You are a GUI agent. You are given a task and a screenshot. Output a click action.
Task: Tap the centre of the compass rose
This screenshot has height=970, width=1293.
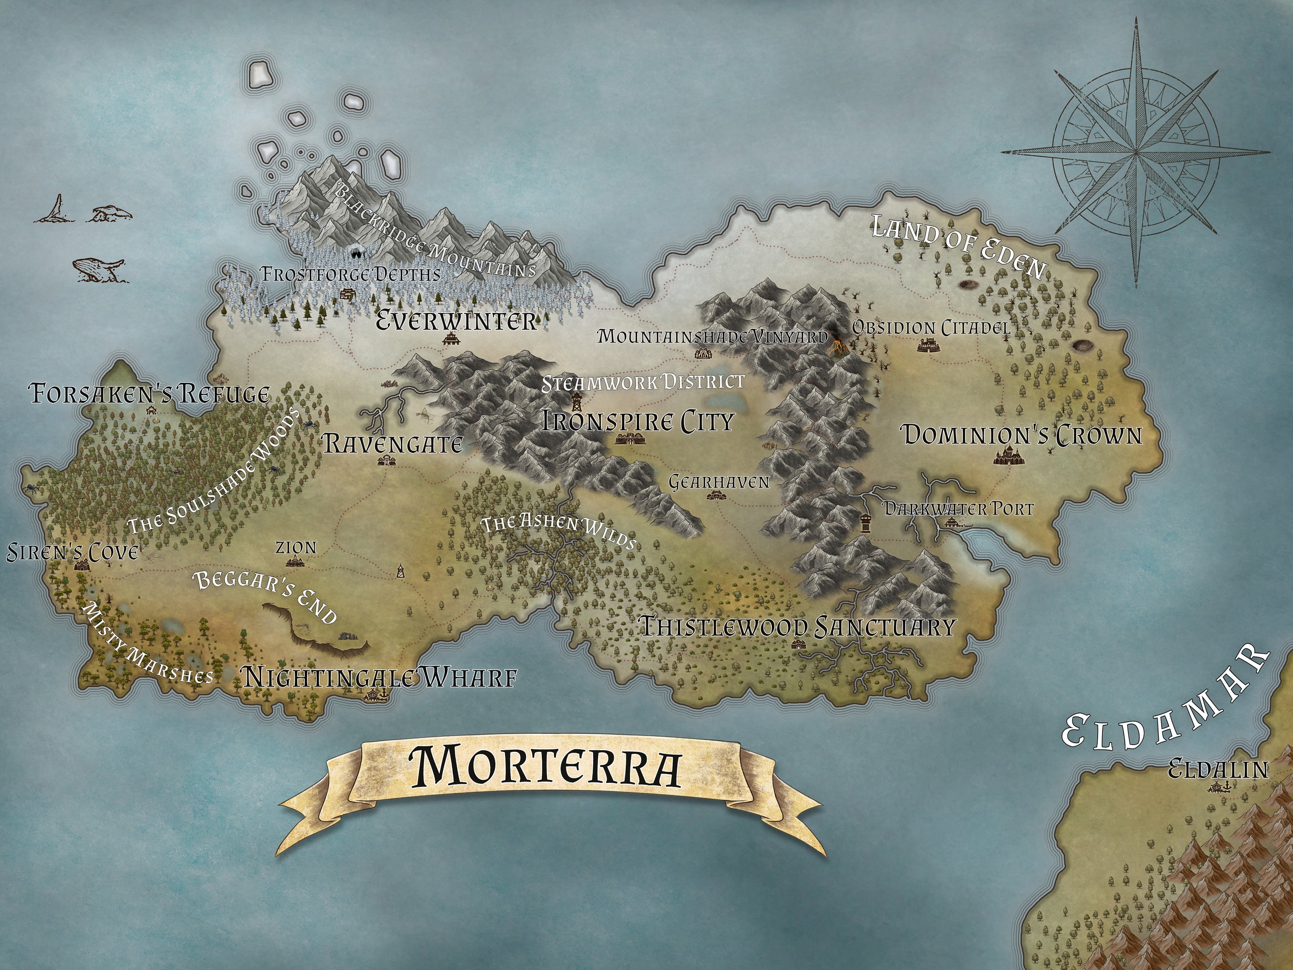[1135, 153]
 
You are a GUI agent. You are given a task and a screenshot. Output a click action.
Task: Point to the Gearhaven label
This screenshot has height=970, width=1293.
[719, 482]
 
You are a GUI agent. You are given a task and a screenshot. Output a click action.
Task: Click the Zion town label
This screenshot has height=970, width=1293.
[297, 548]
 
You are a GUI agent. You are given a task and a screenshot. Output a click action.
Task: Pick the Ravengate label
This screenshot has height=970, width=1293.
[393, 444]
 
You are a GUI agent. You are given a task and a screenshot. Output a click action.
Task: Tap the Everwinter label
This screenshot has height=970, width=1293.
[456, 320]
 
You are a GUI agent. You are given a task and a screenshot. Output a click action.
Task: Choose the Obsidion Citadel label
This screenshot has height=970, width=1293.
[931, 328]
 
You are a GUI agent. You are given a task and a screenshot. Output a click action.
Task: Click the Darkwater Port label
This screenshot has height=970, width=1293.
[958, 509]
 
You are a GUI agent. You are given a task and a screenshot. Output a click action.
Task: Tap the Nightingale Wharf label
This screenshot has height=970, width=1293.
[380, 678]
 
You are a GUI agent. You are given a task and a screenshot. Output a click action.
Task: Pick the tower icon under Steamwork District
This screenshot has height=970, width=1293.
[576, 402]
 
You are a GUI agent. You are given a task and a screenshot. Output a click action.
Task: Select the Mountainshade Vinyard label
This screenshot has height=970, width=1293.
[712, 337]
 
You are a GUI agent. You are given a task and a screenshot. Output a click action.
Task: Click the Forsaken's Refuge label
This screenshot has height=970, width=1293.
[150, 394]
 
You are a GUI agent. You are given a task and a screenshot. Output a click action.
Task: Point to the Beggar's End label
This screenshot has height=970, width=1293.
[266, 596]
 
